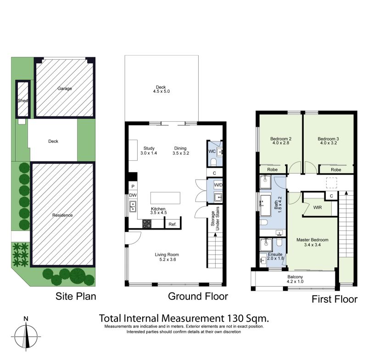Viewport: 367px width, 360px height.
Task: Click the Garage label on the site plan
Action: tap(65, 89)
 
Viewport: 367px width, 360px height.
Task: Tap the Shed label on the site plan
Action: tap(23, 101)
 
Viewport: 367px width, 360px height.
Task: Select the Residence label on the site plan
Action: tap(62, 215)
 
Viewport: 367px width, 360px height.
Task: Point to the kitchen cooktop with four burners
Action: tap(147, 223)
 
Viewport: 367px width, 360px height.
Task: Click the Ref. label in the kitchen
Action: tap(172, 224)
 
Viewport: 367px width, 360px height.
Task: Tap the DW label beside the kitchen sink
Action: tap(133, 195)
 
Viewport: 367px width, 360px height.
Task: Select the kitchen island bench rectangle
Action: tap(165, 198)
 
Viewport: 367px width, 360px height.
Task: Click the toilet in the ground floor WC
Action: tap(213, 162)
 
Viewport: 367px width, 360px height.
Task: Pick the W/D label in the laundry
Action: tap(218, 185)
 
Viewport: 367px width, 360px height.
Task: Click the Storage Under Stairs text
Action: tap(215, 219)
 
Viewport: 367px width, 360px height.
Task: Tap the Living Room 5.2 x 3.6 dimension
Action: tap(167, 259)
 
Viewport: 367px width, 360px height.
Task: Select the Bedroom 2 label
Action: tap(281, 139)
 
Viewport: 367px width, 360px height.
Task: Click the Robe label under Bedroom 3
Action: tap(336, 170)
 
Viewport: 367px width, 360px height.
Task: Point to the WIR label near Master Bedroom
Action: tap(317, 208)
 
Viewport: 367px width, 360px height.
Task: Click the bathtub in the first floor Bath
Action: tap(266, 205)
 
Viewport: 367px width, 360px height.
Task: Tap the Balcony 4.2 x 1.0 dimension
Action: tap(295, 281)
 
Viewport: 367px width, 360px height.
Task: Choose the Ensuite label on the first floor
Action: tap(275, 254)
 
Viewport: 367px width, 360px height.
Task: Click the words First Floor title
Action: tap(334, 299)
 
